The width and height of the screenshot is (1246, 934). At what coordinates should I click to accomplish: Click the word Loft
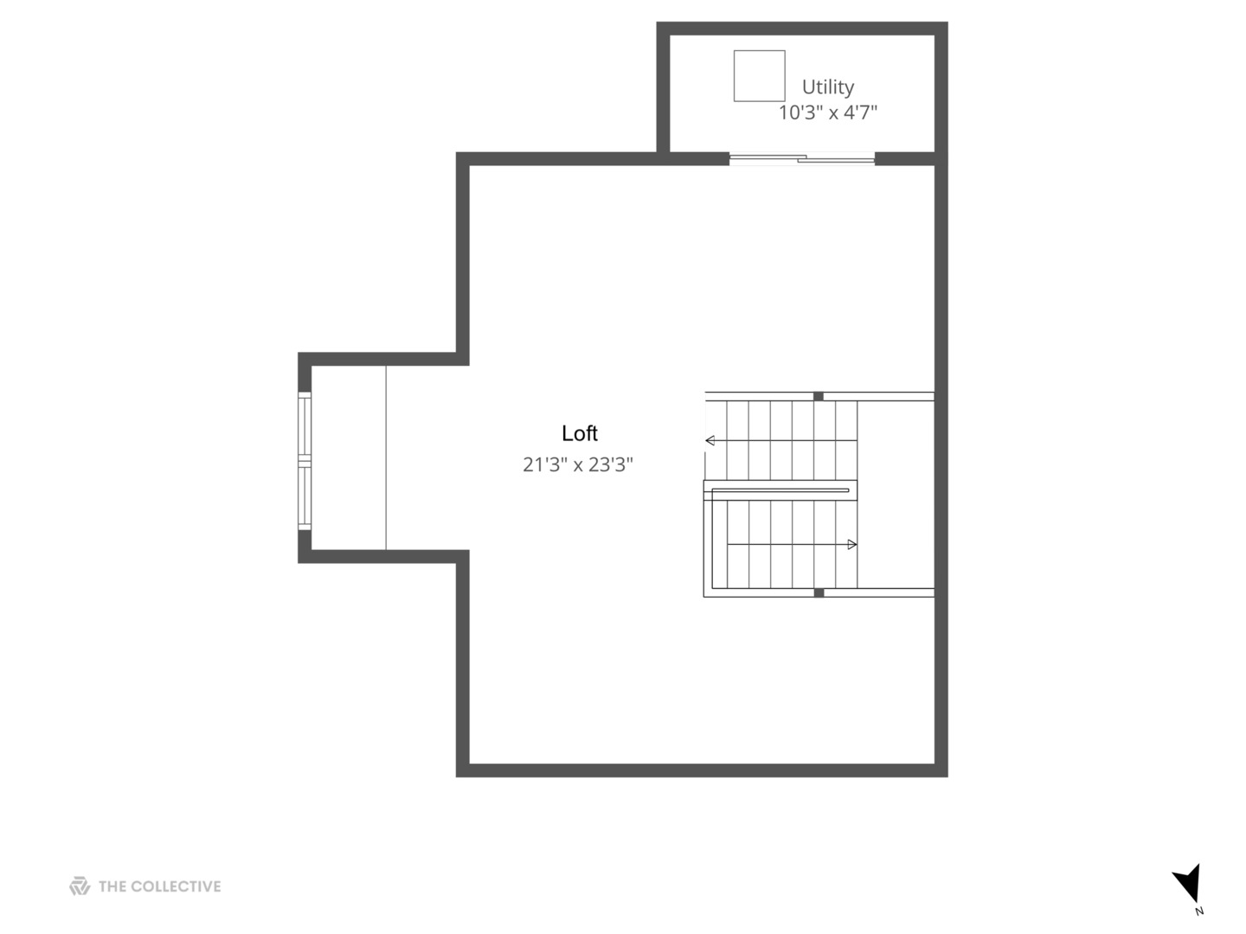click(580, 433)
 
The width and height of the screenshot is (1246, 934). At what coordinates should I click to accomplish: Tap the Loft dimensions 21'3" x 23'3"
click(578, 464)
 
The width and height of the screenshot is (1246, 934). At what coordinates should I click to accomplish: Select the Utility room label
click(828, 86)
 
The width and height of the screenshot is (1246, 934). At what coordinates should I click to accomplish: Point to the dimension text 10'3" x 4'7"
click(828, 112)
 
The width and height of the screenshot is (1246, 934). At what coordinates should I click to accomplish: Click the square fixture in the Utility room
click(760, 76)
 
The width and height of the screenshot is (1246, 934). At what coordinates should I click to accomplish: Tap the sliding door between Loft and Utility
click(802, 158)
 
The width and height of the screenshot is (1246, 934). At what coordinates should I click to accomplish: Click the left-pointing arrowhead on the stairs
click(710, 441)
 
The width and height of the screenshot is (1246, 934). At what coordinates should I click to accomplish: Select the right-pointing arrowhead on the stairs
click(852, 545)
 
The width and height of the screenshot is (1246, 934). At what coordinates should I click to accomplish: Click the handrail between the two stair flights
click(780, 490)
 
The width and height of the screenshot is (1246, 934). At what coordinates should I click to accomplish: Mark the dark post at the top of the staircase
click(818, 396)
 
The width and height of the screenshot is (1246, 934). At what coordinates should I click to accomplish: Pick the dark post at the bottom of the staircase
click(818, 592)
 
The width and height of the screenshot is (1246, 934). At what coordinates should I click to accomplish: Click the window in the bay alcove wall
click(305, 461)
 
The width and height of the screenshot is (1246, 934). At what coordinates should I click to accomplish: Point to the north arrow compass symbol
click(1187, 882)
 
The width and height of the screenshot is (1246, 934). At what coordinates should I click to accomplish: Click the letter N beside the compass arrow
click(1199, 911)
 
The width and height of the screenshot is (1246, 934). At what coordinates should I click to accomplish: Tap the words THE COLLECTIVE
click(160, 886)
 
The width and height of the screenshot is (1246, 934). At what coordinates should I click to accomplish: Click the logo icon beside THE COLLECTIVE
click(80, 886)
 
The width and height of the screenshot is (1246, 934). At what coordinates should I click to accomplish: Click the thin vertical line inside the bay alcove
click(386, 457)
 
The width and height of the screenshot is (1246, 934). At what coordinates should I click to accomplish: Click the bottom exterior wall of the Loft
click(701, 771)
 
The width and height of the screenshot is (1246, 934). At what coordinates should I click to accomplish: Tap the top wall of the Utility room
click(802, 29)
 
